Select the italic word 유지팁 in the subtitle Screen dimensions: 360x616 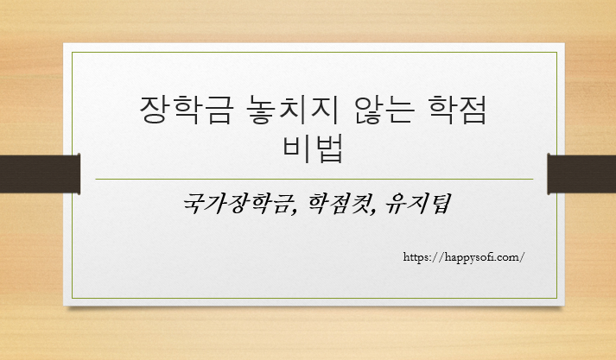pos(416,205)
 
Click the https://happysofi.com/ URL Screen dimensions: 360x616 pos(464,256)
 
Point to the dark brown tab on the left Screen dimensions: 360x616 pos(40,173)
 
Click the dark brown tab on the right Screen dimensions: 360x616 pos(581,173)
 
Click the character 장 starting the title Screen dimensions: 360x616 pos(152,111)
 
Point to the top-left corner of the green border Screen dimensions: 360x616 pos(72,52)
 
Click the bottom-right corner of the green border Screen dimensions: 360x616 pos(556,298)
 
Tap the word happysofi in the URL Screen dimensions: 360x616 pos(472,256)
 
